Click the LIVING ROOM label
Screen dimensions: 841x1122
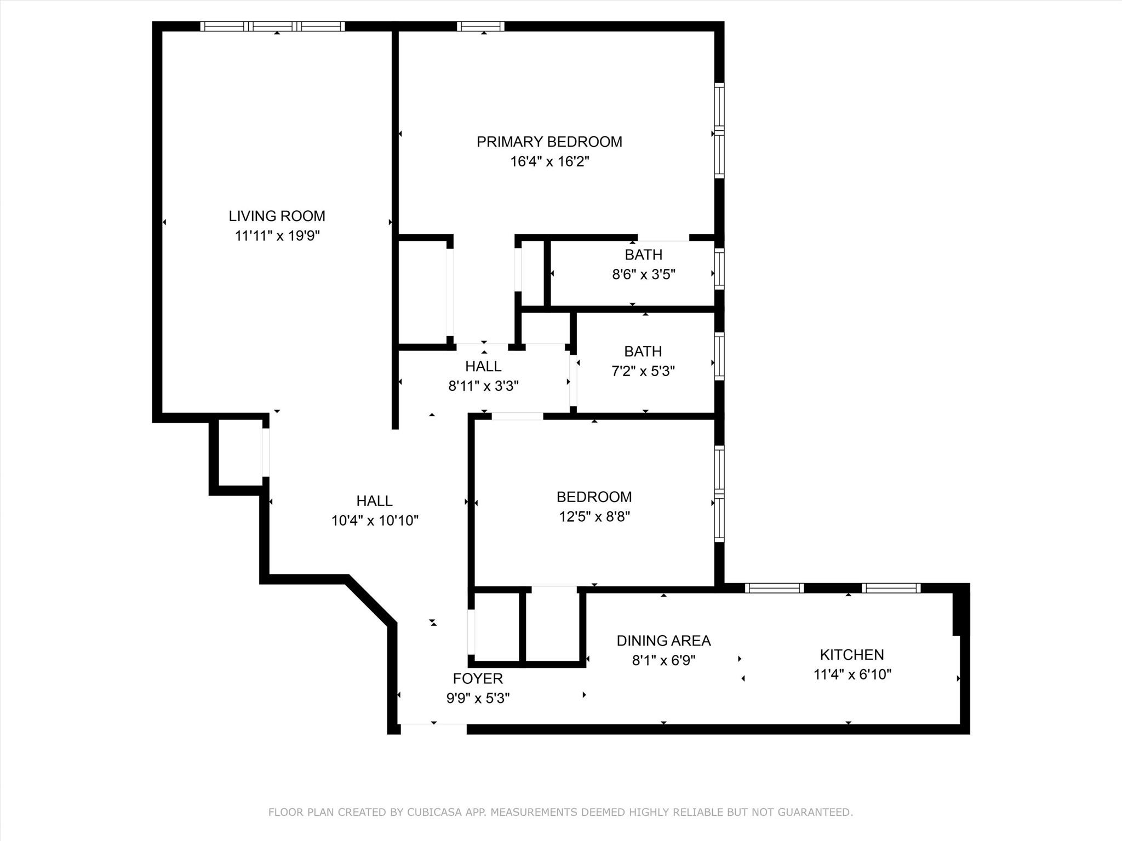pos(277,216)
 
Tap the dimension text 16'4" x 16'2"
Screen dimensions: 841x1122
pos(549,162)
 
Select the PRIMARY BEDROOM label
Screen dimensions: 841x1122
pos(549,142)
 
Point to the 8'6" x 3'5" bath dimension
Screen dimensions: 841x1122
pos(643,274)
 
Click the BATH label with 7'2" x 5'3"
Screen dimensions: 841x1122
pos(643,352)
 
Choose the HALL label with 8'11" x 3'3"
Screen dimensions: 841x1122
pos(483,366)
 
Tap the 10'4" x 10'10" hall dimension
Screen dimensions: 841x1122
pos(375,521)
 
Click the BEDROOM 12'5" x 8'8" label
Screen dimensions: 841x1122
pos(594,497)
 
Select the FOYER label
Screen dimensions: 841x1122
pos(478,679)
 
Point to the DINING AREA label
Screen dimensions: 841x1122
pos(663,641)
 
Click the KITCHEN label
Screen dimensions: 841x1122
pos(851,655)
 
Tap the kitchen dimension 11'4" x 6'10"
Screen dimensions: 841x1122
pos(852,675)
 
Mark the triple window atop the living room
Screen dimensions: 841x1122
pos(272,26)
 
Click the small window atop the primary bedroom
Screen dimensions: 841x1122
pos(480,26)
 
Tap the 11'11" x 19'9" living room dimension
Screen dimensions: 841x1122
pos(277,236)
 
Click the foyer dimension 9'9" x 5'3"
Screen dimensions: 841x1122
pos(478,699)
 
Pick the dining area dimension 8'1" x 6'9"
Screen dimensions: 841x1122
pos(663,660)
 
